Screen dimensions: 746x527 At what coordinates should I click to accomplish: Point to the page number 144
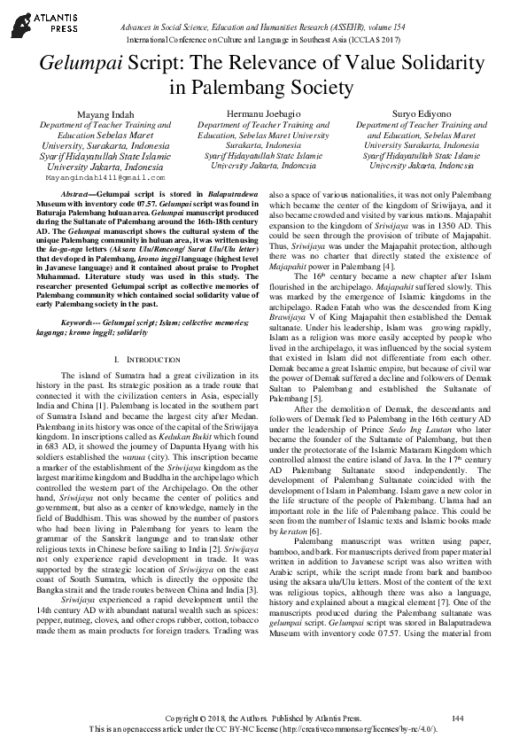click(x=458, y=716)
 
